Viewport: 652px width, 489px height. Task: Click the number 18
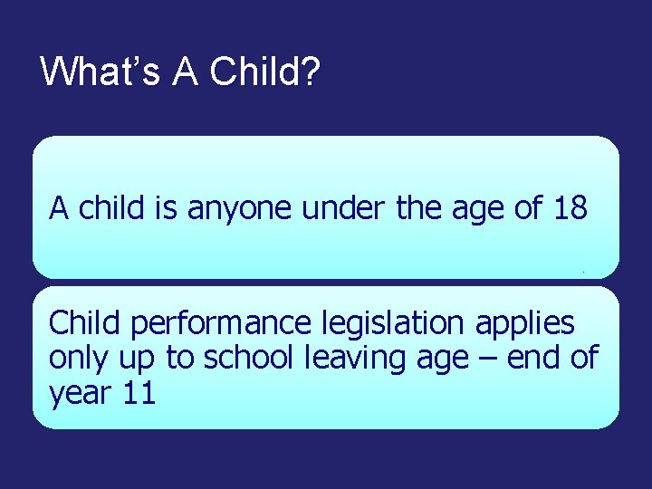point(570,209)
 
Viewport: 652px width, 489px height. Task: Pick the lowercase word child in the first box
point(110,209)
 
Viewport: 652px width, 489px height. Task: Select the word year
point(79,395)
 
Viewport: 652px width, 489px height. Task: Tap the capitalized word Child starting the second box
point(83,322)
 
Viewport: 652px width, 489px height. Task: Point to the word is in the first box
point(165,209)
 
